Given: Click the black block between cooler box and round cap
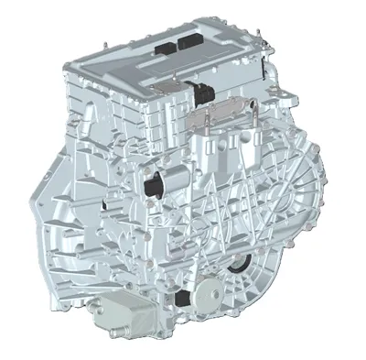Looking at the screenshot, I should click(x=185, y=298).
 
